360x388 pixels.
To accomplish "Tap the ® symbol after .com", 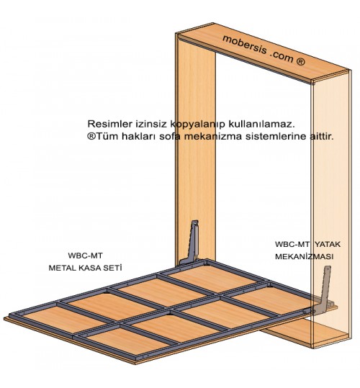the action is pyautogui.click(x=300, y=61).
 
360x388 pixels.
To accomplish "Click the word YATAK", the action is pyautogui.click(x=328, y=244).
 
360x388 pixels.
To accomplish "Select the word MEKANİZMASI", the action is pyautogui.click(x=304, y=256).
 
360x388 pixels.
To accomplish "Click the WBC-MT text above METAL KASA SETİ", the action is pyautogui.click(x=85, y=256).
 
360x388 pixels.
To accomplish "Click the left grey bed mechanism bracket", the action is pyautogui.click(x=192, y=245).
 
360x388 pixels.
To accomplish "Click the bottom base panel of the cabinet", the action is pyautogui.click(x=307, y=333).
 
